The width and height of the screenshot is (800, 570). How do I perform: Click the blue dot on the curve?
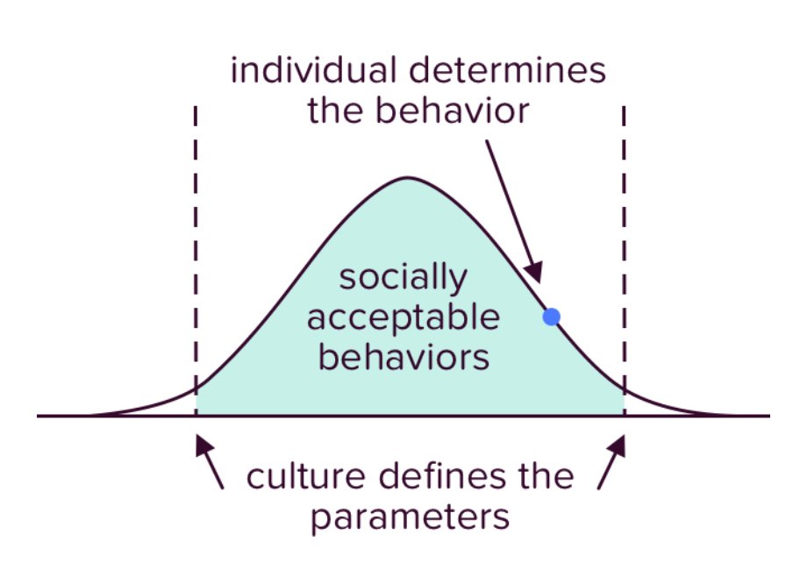tap(551, 317)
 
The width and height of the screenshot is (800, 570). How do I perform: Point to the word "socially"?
tap(403, 279)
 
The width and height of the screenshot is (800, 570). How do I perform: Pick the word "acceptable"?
tap(403, 317)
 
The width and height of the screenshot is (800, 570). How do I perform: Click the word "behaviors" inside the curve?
tap(403, 357)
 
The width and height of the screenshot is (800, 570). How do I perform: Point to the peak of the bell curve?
tap(406, 179)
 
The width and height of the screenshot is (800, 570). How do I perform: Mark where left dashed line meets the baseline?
tap(196, 416)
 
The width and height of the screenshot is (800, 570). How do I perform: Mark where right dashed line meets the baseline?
tap(625, 416)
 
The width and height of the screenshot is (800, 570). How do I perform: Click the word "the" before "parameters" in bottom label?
tap(544, 478)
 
